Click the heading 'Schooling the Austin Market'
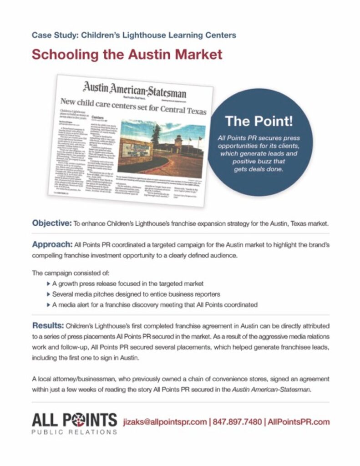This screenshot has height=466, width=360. click(x=127, y=55)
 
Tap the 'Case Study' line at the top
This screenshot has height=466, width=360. click(x=134, y=35)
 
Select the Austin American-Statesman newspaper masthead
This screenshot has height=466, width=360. click(x=134, y=89)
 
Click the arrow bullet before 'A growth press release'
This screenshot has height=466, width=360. click(x=49, y=284)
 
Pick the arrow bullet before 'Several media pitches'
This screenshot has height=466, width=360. click(x=49, y=294)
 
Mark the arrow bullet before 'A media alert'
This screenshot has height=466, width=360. click(x=49, y=304)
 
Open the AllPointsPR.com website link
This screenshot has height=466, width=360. click(x=299, y=421)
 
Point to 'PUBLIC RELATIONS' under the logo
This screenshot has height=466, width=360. click(x=74, y=432)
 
